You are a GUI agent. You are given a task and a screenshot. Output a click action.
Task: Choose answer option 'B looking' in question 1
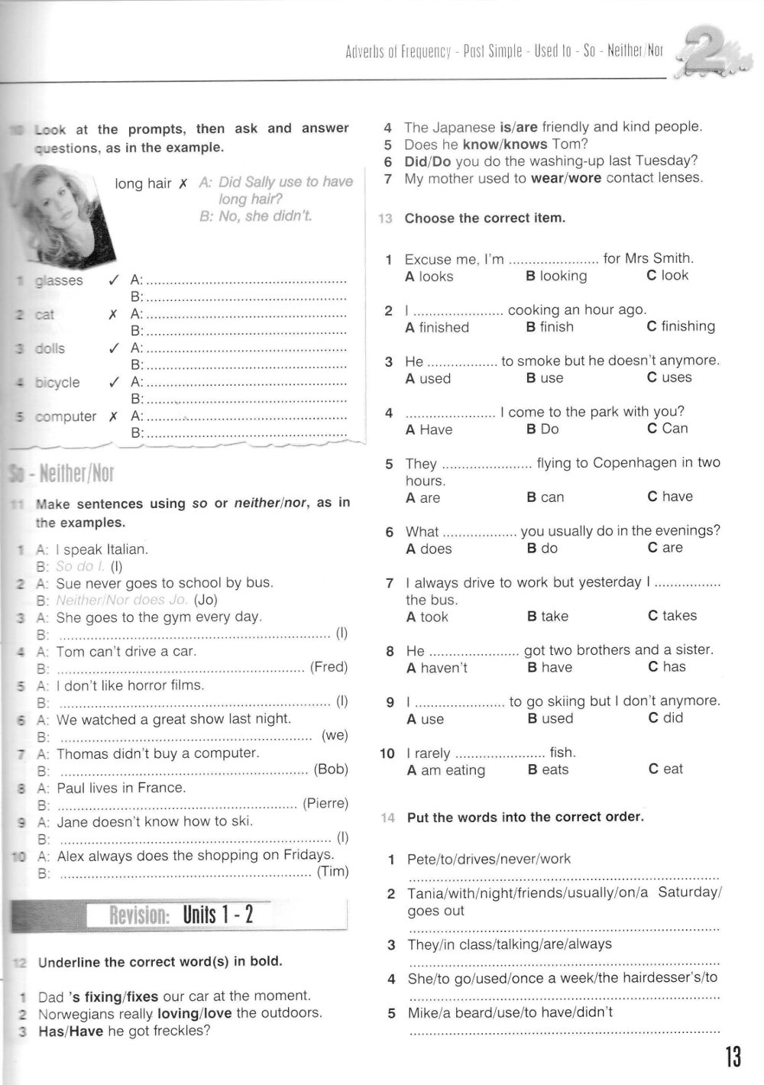pyautogui.click(x=556, y=276)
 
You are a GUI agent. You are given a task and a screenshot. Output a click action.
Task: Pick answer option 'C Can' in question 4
pyautogui.click(x=667, y=429)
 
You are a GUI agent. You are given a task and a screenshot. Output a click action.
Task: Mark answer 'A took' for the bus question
pyautogui.click(x=427, y=617)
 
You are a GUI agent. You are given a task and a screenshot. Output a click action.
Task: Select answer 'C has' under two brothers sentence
pyautogui.click(x=667, y=667)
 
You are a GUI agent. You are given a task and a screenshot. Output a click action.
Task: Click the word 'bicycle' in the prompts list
pyautogui.click(x=57, y=383)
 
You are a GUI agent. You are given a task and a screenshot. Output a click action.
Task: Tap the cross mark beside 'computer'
pyautogui.click(x=113, y=417)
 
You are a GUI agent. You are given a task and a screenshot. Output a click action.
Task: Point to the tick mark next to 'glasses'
pyautogui.click(x=113, y=280)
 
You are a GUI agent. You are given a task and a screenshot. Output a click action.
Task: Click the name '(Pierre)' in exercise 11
pyautogui.click(x=325, y=803)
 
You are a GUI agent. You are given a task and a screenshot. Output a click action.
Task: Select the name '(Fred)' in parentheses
pyautogui.click(x=329, y=667)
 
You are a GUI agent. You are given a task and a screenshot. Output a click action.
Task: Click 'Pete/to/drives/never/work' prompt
pyautogui.click(x=489, y=859)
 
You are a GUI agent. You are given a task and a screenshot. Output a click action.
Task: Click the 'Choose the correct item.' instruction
pyautogui.click(x=485, y=219)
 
